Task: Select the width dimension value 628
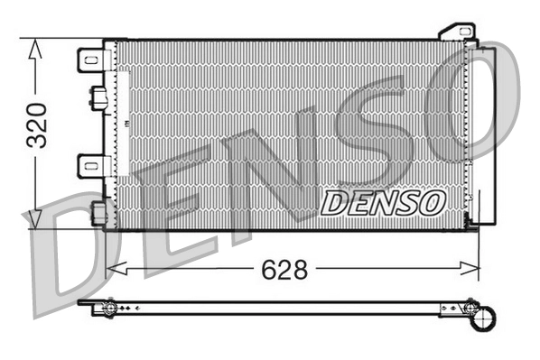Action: pos(284,269)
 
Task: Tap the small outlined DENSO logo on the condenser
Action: pos(383,202)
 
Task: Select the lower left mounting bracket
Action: pos(93,165)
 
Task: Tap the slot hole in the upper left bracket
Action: pos(89,60)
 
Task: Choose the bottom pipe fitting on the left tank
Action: pos(98,212)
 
